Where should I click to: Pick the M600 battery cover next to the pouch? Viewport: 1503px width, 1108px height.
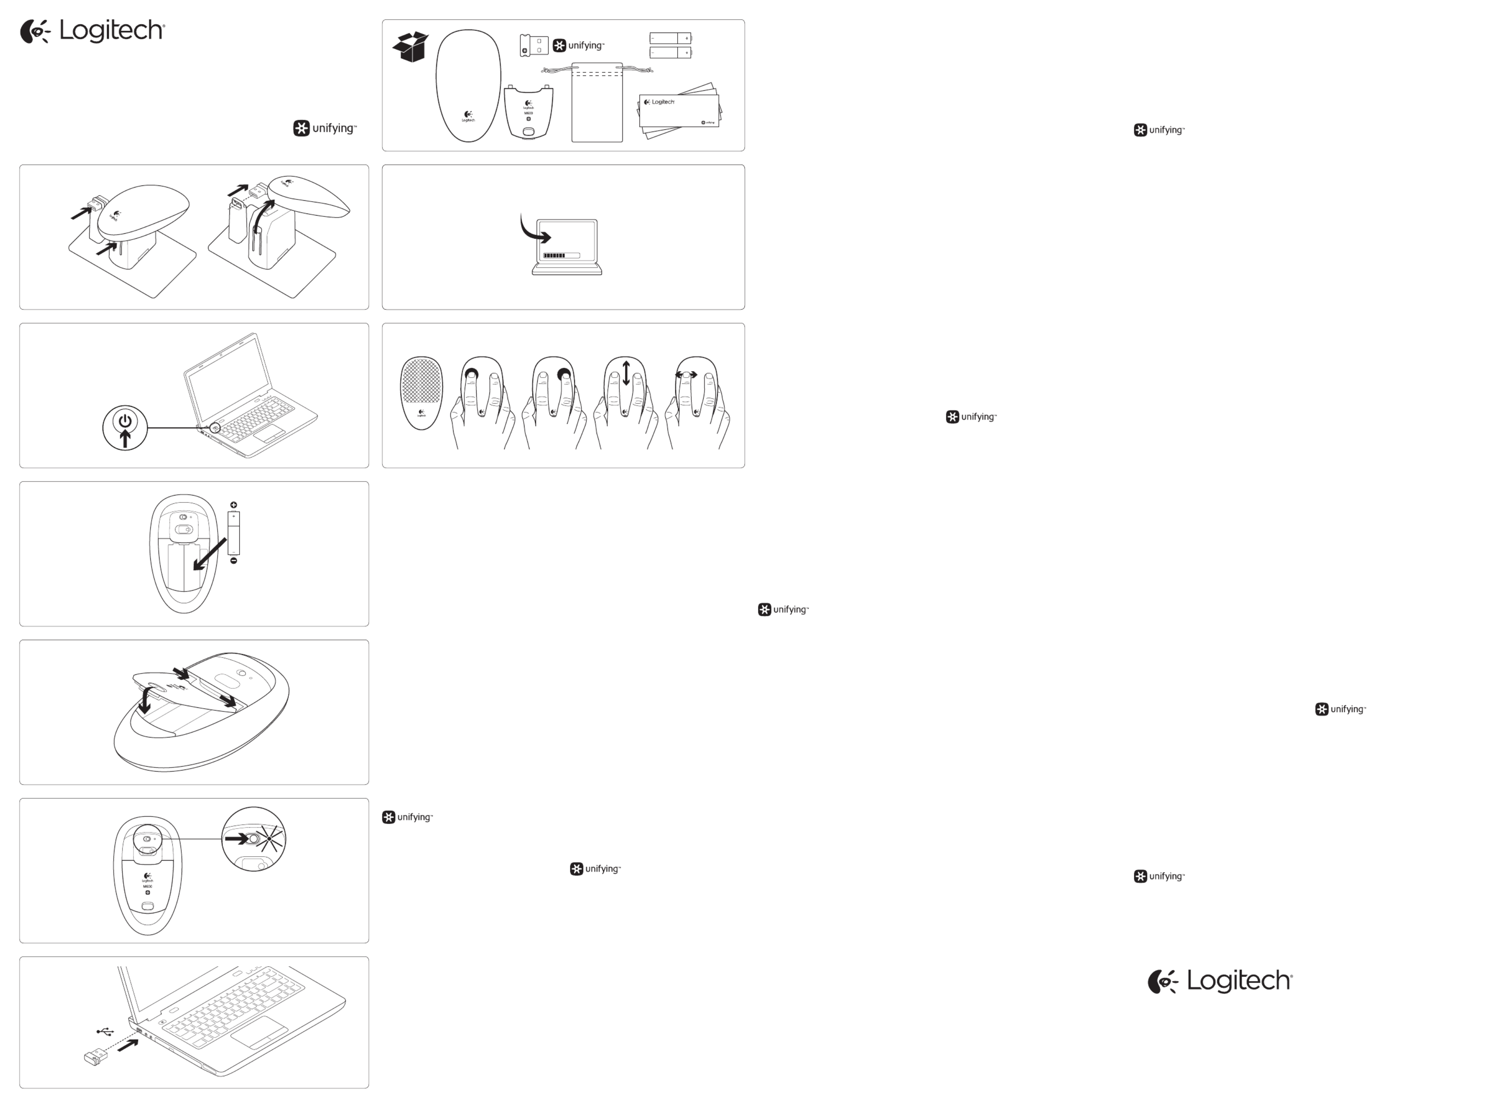tap(528, 112)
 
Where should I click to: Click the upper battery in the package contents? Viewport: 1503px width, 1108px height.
tap(670, 38)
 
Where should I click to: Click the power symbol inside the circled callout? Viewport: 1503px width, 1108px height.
tap(125, 421)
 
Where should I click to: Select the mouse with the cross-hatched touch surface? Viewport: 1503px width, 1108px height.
tap(421, 392)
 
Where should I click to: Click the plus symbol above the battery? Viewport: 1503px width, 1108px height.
tap(233, 505)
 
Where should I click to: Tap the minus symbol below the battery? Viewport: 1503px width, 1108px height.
tap(233, 561)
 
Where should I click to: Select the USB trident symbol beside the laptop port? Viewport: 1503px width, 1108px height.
tap(105, 1031)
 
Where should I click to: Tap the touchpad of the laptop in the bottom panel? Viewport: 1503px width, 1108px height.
tap(260, 1032)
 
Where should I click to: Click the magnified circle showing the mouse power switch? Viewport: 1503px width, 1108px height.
tap(253, 839)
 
